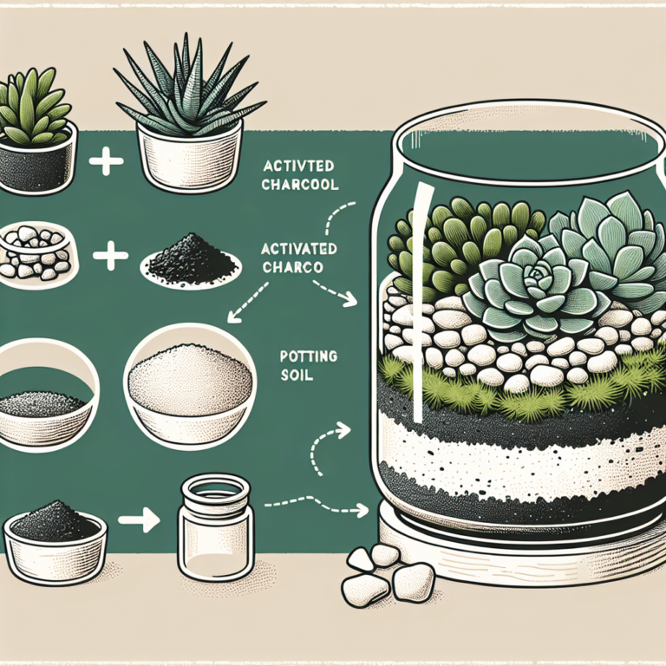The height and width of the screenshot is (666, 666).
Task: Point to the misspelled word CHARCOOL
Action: pyautogui.click(x=304, y=186)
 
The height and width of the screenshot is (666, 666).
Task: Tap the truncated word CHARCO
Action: pyautogui.click(x=291, y=268)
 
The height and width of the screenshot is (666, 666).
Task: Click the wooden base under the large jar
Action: pyautogui.click(x=520, y=555)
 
